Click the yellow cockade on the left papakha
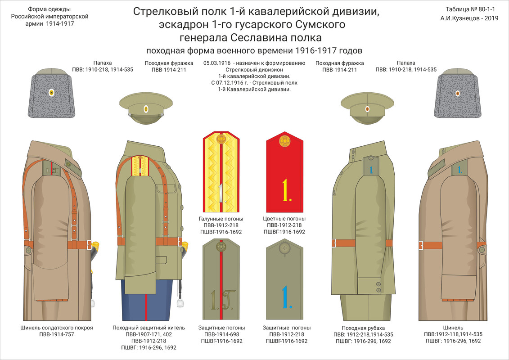51,93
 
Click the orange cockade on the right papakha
457,93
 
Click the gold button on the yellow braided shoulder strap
221,139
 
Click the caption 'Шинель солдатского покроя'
57,328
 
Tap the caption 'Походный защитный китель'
148,328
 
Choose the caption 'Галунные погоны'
221,218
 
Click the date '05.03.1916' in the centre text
217,63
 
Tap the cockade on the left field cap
146,109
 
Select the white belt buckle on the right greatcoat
421,245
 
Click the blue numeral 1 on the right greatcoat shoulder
459,170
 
